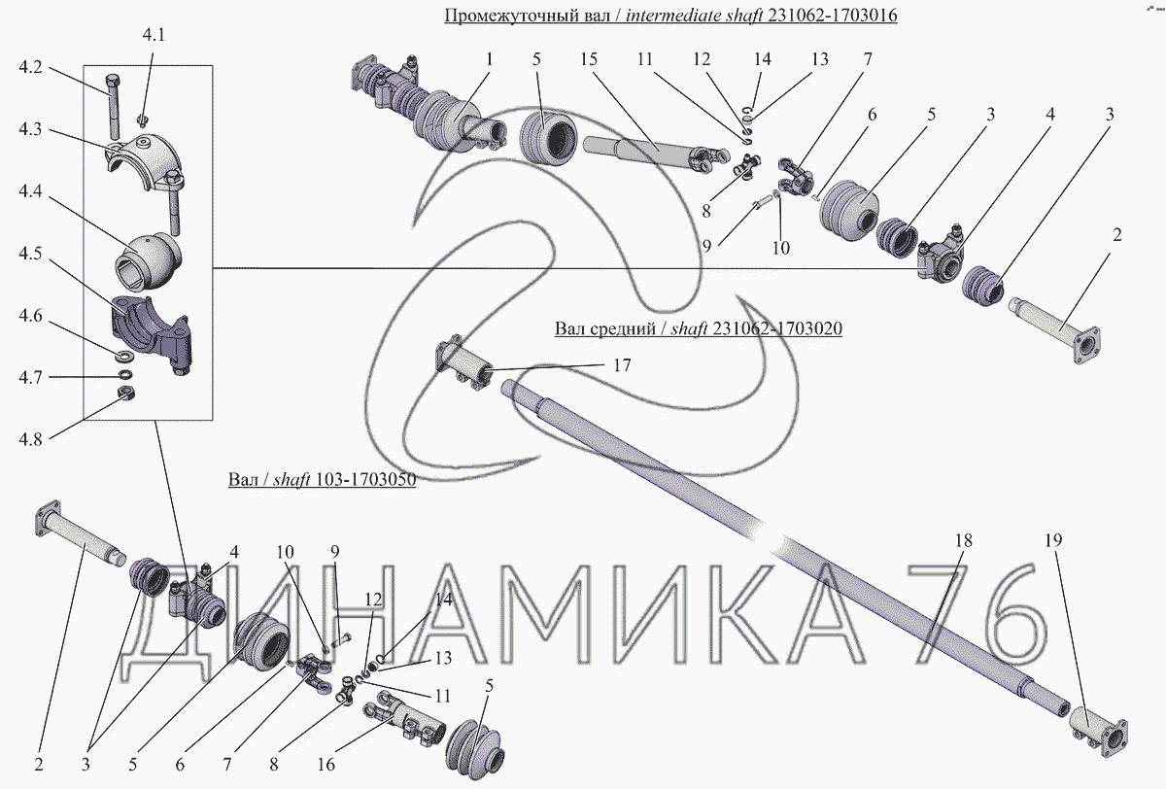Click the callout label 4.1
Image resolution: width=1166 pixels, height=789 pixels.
(x=154, y=35)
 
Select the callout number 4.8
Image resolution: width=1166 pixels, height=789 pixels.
(x=30, y=439)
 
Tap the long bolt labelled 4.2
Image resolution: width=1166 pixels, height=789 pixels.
(x=113, y=107)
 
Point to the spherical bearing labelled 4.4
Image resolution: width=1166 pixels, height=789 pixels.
(x=149, y=262)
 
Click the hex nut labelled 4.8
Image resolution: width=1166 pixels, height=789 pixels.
(x=125, y=392)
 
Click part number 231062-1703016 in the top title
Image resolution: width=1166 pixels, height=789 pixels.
(x=833, y=16)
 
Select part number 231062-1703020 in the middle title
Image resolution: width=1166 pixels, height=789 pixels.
(x=777, y=328)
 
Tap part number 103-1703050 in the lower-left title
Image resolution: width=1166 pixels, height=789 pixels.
(x=366, y=479)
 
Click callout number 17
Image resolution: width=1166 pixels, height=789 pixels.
(x=622, y=365)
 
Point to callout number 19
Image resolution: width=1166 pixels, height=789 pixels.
(x=1052, y=540)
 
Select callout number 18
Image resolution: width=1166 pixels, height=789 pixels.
(x=964, y=540)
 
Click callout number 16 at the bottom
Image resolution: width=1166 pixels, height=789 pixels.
(x=326, y=765)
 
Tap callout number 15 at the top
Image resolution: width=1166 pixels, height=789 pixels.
(x=589, y=59)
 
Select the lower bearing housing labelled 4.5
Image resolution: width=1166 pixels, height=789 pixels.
(x=151, y=333)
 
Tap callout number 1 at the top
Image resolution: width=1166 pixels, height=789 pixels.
(x=489, y=59)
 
